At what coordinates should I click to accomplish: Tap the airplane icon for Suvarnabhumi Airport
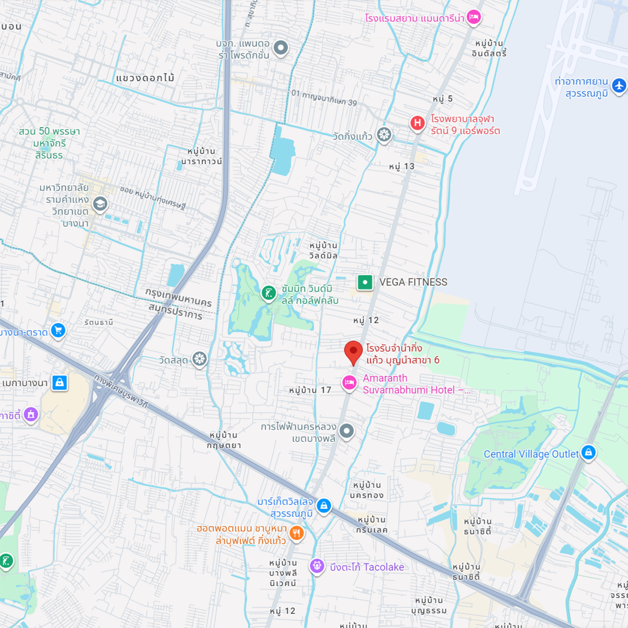(x=619, y=85)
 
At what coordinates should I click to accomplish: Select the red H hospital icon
(x=417, y=124)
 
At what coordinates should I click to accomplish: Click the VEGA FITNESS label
(x=413, y=282)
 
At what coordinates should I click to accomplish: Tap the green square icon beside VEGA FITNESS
(x=365, y=282)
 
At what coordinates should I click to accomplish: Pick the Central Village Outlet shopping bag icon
(x=588, y=452)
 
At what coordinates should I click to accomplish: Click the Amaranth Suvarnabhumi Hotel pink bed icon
(x=349, y=383)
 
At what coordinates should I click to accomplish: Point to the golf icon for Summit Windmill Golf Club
(x=268, y=293)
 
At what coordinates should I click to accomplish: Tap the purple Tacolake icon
(x=317, y=566)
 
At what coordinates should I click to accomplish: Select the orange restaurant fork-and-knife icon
(x=297, y=533)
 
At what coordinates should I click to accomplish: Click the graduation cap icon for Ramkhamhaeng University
(x=100, y=204)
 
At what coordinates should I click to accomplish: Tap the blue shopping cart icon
(x=58, y=331)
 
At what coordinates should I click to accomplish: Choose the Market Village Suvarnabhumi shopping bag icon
(x=324, y=506)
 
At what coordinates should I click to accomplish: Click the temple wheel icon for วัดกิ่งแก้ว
(x=384, y=134)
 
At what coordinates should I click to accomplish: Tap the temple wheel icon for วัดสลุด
(x=199, y=359)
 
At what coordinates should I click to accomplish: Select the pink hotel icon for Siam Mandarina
(x=474, y=17)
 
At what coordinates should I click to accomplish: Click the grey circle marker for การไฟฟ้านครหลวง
(x=346, y=431)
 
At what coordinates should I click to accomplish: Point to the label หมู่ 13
(x=401, y=166)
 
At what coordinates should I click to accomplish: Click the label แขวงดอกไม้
(x=145, y=78)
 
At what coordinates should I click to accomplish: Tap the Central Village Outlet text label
(x=531, y=454)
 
